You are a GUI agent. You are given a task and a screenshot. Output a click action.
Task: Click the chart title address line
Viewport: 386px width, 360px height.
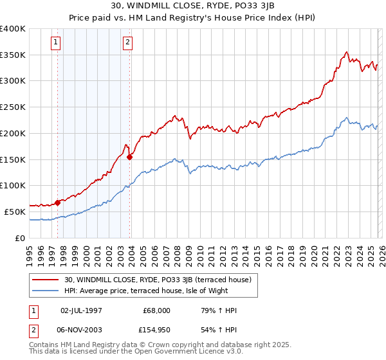click(x=192, y=6)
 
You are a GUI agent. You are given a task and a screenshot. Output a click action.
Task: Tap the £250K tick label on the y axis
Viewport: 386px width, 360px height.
click(x=13, y=107)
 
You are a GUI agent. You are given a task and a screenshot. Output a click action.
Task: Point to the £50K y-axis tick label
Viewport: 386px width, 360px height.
click(x=15, y=212)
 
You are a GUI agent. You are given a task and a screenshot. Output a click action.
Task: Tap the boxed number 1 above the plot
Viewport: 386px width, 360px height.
click(x=57, y=43)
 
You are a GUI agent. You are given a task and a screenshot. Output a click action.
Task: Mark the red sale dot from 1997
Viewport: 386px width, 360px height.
click(x=57, y=203)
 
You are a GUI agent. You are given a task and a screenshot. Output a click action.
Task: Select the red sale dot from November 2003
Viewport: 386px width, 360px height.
click(x=130, y=156)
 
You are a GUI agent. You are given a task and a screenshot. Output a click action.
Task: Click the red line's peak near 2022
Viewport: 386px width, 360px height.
click(x=346, y=52)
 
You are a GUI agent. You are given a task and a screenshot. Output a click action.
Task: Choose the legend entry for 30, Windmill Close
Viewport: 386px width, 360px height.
click(x=161, y=280)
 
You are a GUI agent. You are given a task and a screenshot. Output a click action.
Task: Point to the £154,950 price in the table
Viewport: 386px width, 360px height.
click(x=156, y=331)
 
